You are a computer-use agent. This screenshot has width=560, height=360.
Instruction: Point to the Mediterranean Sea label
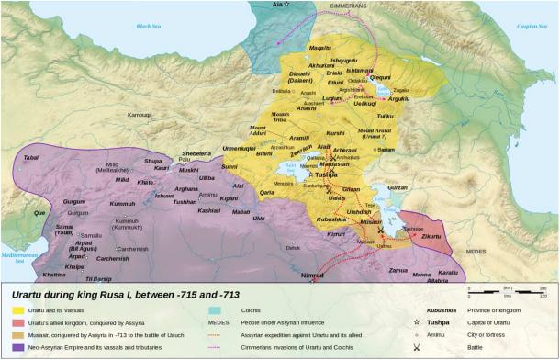(x=18, y=256)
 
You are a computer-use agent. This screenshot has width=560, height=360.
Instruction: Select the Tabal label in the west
(x=30, y=158)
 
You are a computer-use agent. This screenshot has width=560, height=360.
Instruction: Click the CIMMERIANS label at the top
(x=361, y=6)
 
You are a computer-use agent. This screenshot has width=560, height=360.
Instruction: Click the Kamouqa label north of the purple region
(x=140, y=115)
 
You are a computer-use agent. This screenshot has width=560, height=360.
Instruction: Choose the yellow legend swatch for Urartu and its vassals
(x=17, y=311)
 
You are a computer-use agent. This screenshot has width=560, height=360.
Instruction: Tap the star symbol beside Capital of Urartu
(x=418, y=324)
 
